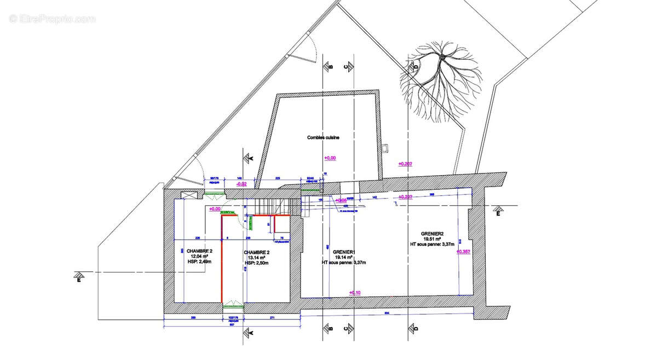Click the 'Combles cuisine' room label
(x=323, y=138)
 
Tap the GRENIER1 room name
(x=344, y=252)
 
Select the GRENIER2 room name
(x=434, y=233)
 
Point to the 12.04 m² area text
(x=198, y=256)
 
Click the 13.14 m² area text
(x=255, y=258)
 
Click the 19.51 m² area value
(x=434, y=239)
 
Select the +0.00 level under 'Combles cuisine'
(x=330, y=158)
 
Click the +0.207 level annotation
(x=405, y=164)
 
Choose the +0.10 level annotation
(x=355, y=293)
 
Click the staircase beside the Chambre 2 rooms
(x=273, y=206)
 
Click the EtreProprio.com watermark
(x=52, y=19)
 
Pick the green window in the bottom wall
(x=233, y=305)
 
